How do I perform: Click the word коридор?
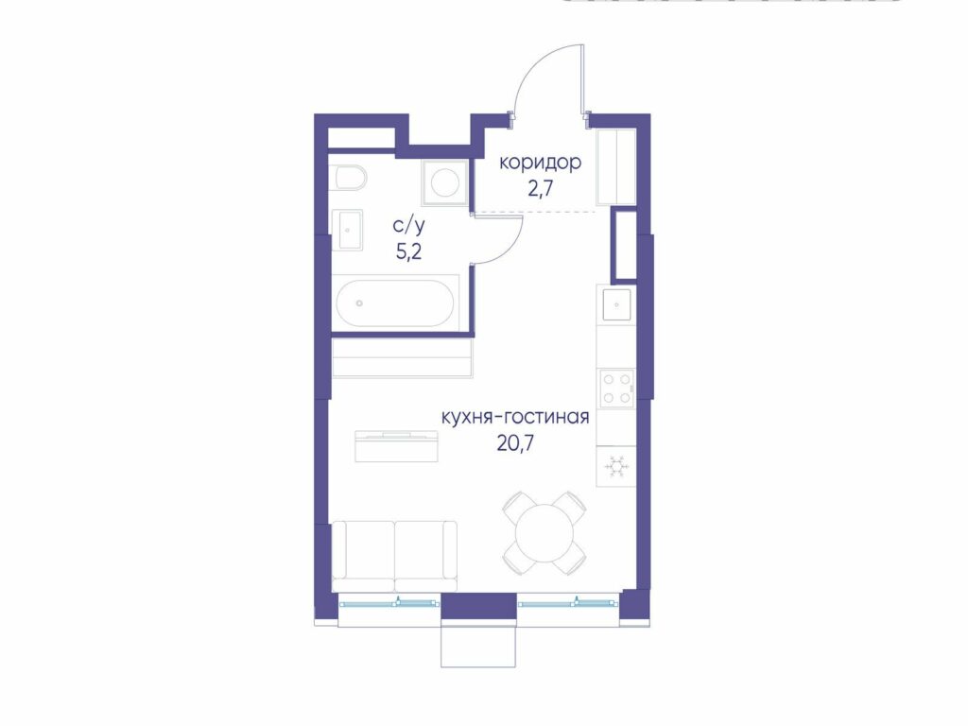(x=540, y=164)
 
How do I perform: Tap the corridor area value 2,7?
(x=539, y=188)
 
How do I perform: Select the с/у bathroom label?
(x=408, y=226)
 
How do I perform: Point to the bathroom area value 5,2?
(x=408, y=251)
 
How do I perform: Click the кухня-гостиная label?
(x=515, y=418)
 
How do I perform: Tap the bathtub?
(x=395, y=303)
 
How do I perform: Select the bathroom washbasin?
(x=348, y=230)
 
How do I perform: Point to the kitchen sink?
(x=616, y=304)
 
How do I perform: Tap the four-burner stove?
(x=616, y=388)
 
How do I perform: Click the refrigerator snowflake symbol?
(x=616, y=466)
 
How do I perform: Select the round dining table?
(x=544, y=533)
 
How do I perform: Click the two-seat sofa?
(x=394, y=556)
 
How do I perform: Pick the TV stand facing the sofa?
(x=396, y=446)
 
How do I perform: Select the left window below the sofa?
(x=389, y=602)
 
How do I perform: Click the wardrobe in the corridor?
(x=616, y=166)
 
